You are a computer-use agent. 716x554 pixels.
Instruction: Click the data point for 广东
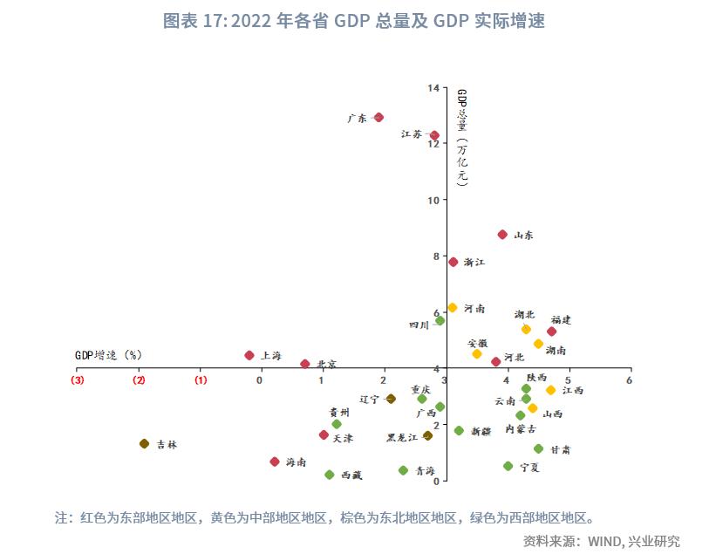point(378,117)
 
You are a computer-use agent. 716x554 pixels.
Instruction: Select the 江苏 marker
point(434,135)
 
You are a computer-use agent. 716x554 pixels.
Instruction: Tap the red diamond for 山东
point(502,235)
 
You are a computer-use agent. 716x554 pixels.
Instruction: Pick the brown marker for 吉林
point(144,444)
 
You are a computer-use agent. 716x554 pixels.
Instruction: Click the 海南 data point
point(275,462)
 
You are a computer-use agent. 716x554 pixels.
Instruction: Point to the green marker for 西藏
point(330,475)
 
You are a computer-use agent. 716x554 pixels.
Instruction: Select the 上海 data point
point(249,355)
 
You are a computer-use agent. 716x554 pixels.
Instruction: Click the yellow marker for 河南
point(453,308)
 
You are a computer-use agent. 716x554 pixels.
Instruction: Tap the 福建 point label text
point(561,320)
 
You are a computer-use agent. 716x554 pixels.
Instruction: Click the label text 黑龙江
point(402,437)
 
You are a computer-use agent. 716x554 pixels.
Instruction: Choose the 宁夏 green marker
point(508,466)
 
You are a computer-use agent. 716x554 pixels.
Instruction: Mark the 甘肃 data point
point(538,449)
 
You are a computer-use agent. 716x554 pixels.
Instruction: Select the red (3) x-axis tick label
point(78,380)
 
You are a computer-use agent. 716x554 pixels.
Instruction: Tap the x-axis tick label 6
point(630,380)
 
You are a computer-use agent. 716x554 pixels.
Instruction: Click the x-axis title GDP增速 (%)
point(108,355)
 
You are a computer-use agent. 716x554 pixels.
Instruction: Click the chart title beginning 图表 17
point(353,21)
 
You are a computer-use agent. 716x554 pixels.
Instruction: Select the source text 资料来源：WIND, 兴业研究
point(602,541)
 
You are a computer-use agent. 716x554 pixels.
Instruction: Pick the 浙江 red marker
point(453,262)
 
